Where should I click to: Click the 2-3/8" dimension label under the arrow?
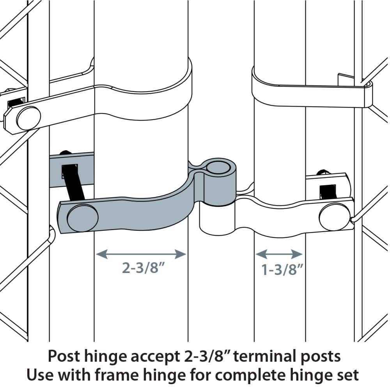click(x=144, y=268)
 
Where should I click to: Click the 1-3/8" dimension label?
click(x=282, y=269)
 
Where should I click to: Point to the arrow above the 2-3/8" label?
click(x=141, y=254)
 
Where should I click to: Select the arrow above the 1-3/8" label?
click(x=279, y=254)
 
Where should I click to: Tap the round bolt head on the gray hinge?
click(x=83, y=218)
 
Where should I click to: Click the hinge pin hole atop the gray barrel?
click(x=219, y=167)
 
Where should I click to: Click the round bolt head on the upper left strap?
click(x=29, y=119)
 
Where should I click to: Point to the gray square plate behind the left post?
click(x=72, y=170)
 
